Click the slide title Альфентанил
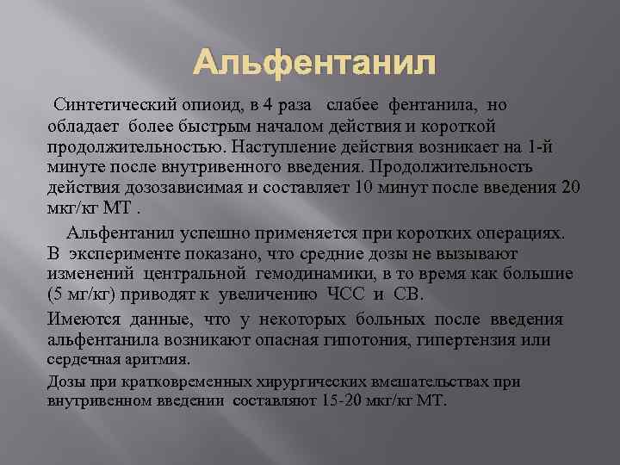point(315,64)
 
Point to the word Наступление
point(288,146)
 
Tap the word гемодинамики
point(326,275)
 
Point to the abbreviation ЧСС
point(350,295)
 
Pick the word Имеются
point(84,319)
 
